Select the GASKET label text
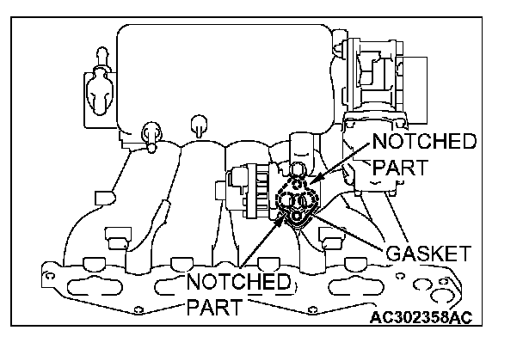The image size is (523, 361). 428,254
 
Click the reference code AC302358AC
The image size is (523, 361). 421,317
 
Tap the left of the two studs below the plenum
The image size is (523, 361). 149,134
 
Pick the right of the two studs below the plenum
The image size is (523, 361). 199,123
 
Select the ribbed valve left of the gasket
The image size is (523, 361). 246,194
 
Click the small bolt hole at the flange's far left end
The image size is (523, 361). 51,277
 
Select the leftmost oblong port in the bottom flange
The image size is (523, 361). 93,285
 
